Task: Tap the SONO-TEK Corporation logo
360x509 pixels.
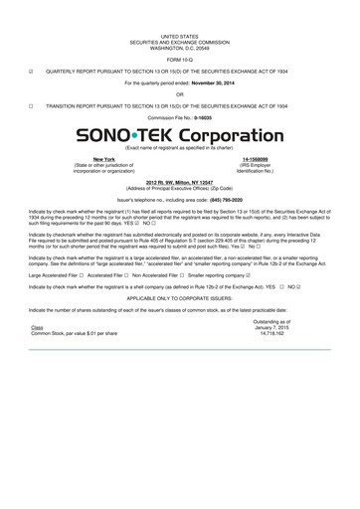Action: point(179,134)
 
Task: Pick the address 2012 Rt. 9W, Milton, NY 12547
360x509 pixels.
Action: point(179,183)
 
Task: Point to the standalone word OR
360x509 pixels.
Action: point(179,94)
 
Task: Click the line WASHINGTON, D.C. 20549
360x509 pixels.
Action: point(179,49)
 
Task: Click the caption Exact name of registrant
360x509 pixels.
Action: point(179,147)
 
